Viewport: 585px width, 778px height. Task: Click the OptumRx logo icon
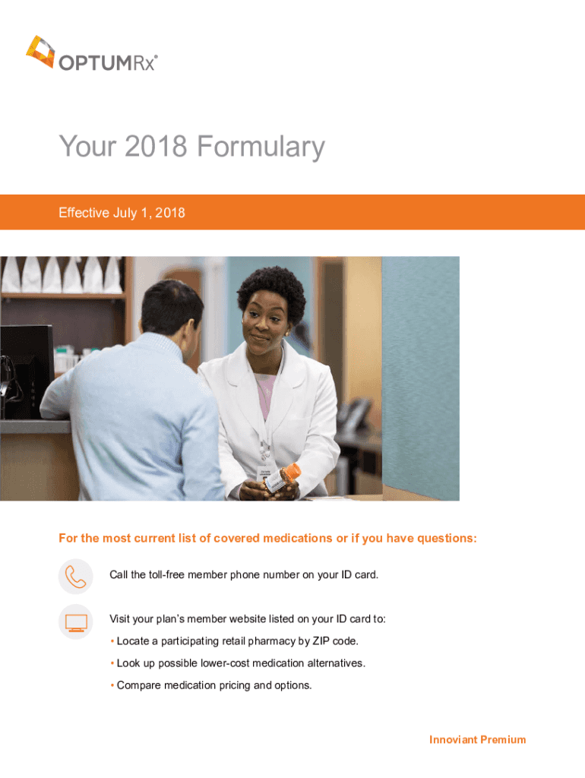[x=41, y=51]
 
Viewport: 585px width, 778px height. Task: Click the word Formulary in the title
[x=261, y=147]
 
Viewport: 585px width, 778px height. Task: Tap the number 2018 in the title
[x=156, y=146]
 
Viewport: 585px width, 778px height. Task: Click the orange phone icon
[x=76, y=577]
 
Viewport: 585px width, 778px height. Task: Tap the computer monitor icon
[x=76, y=622]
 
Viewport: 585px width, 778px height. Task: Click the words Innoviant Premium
[x=477, y=739]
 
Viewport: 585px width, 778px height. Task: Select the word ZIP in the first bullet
[x=321, y=641]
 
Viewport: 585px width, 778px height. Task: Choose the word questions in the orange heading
[x=446, y=539]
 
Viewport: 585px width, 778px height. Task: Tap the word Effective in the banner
[x=84, y=213]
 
